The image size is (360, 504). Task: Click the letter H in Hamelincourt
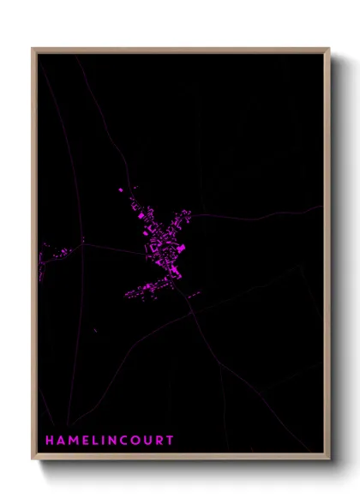coord(50,441)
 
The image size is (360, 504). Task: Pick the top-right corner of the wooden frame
coord(328,49)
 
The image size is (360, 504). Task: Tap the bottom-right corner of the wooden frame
coord(328,459)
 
